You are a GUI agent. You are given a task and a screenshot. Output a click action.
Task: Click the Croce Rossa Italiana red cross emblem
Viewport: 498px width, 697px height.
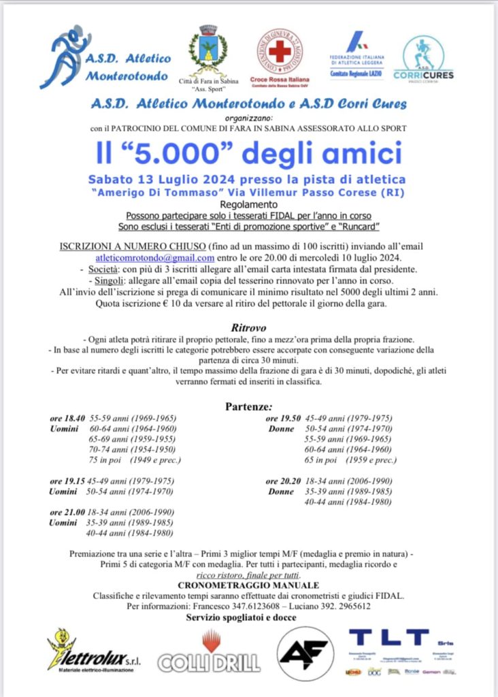pyautogui.click(x=280, y=52)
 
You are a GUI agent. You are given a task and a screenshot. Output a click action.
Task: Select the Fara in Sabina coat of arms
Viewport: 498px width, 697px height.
pyautogui.click(x=208, y=51)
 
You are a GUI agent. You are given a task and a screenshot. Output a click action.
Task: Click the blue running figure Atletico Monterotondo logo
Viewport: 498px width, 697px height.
pyautogui.click(x=65, y=58)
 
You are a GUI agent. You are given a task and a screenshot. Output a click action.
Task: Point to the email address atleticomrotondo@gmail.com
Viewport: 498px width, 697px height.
pyautogui.click(x=155, y=258)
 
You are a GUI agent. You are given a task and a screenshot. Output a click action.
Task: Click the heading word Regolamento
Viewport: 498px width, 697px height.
pyautogui.click(x=248, y=204)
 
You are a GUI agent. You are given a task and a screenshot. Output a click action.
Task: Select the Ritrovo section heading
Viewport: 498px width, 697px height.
pyautogui.click(x=248, y=327)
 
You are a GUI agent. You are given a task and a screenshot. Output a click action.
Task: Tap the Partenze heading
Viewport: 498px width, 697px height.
pyautogui.click(x=248, y=407)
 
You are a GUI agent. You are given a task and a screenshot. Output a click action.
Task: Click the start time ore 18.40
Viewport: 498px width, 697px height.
pyautogui.click(x=67, y=419)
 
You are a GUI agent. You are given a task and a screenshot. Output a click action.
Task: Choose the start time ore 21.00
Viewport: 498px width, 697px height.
pyautogui.click(x=67, y=512)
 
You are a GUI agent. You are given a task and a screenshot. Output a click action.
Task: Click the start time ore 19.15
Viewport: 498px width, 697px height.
pyautogui.click(x=67, y=481)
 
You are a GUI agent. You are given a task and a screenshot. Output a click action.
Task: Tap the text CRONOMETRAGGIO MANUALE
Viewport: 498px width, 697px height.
pyautogui.click(x=248, y=585)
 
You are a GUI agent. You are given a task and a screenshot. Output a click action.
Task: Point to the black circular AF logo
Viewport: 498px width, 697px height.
pyautogui.click(x=305, y=654)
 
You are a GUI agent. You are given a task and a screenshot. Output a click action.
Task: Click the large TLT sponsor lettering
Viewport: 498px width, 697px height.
pyautogui.click(x=388, y=638)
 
